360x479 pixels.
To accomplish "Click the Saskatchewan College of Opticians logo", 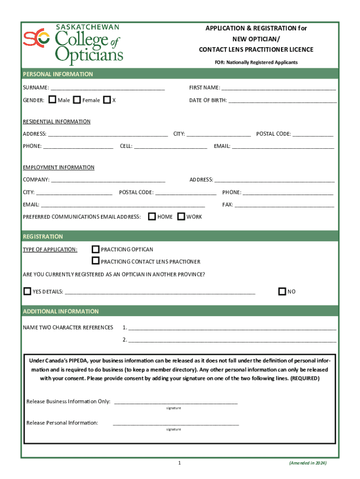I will click(x=73, y=44).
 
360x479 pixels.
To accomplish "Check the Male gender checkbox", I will click(x=52, y=100).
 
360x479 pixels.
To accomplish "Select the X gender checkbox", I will click(x=107, y=100).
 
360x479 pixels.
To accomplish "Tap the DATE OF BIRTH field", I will click(x=282, y=100).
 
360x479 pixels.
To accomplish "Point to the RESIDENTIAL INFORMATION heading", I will click(x=57, y=122).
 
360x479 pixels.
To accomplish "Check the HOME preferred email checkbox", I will click(x=152, y=217).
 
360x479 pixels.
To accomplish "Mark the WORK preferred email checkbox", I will click(x=181, y=217).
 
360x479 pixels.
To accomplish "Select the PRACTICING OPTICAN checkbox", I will click(x=95, y=249).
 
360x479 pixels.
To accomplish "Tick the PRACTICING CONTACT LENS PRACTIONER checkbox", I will click(x=95, y=261).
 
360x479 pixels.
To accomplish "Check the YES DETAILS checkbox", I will click(x=27, y=291).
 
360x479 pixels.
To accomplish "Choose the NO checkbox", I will click(x=281, y=291).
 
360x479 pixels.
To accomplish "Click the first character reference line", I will click(x=232, y=327).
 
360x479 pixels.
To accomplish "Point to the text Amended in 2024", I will click(x=308, y=463).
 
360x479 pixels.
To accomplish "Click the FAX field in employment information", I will click(x=284, y=204).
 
